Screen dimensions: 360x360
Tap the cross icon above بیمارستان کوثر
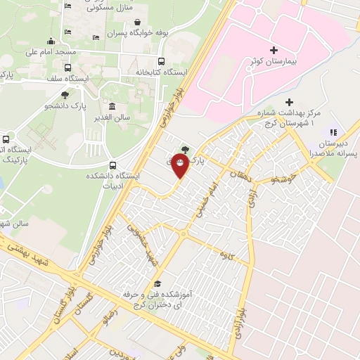(x=274, y=51)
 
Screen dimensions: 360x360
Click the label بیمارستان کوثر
(x=274, y=63)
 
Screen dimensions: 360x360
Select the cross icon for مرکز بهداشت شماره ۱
(x=289, y=103)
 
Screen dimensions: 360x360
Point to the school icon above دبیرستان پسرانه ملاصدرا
(x=334, y=131)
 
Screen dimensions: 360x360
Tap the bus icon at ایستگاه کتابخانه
(x=162, y=62)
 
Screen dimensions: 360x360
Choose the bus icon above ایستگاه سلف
(x=68, y=68)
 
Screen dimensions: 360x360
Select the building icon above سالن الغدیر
(x=112, y=105)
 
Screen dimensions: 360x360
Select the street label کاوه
(x=225, y=252)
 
